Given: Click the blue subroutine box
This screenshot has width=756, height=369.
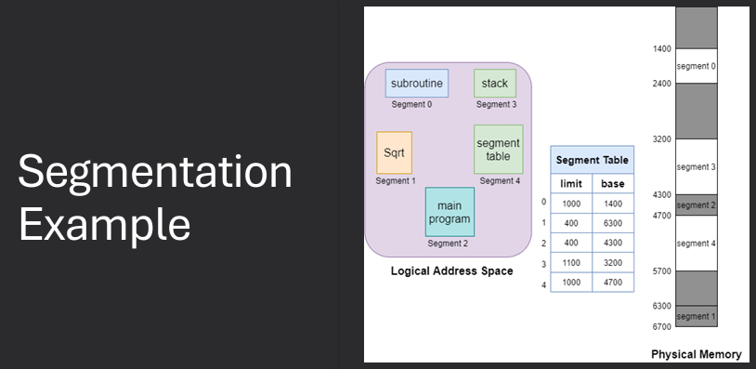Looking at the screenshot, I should [x=417, y=84].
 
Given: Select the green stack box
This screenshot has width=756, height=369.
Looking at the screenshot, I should [x=495, y=84].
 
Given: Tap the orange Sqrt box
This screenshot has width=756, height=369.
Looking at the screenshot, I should [x=394, y=152].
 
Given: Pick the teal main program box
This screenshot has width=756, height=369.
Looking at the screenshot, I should [x=450, y=212].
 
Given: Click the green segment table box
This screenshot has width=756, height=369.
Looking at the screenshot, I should [x=499, y=150].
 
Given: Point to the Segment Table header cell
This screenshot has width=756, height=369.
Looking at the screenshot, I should [x=592, y=160].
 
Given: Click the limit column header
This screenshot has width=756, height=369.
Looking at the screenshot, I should [x=571, y=184].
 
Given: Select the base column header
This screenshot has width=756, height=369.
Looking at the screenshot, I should [x=613, y=184].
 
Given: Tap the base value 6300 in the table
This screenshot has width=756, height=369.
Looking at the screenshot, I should [x=613, y=223].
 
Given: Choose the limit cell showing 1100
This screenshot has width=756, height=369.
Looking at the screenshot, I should [x=571, y=263].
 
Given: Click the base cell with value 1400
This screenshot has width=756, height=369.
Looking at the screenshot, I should [x=613, y=204].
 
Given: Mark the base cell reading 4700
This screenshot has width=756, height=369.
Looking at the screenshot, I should [x=613, y=283].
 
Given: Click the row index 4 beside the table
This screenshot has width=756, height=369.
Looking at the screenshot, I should [x=543, y=283].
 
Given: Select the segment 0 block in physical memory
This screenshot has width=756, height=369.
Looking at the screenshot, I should [x=696, y=66].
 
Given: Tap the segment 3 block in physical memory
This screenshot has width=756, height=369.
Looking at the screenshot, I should [x=696, y=166].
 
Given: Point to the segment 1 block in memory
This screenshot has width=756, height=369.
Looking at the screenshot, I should [x=696, y=316].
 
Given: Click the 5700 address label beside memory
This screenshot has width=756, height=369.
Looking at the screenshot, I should [x=661, y=270].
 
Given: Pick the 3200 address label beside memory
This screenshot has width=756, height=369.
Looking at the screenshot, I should [x=661, y=139].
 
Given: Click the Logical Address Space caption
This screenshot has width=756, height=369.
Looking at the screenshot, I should [x=451, y=271].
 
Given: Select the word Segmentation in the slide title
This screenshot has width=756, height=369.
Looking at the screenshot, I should [x=154, y=174].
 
